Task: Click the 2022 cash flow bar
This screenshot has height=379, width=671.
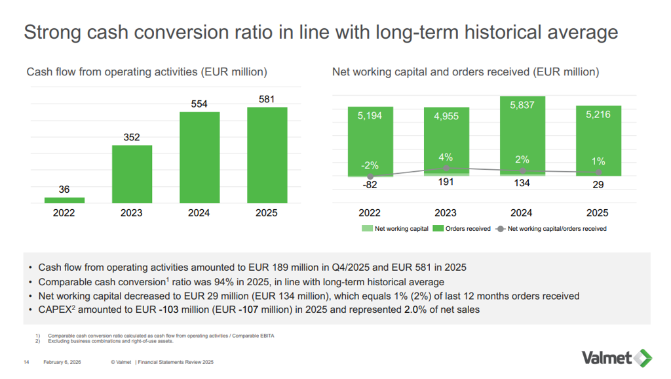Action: point(64,200)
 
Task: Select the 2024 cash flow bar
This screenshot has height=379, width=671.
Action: point(200,157)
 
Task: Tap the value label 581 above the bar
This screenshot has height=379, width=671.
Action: point(267,100)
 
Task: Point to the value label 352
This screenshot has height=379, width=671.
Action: point(132,138)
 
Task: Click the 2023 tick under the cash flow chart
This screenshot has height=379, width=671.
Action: point(132,213)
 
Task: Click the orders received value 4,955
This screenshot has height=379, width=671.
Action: point(446,116)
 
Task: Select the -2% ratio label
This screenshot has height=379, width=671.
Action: point(370,165)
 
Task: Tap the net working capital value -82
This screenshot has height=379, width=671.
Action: point(370,185)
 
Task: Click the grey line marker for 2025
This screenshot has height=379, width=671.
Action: point(598,172)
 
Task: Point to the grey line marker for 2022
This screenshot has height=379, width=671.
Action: point(370,177)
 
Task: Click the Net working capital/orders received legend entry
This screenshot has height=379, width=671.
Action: point(552,229)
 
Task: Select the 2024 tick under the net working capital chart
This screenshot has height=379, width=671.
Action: point(522,213)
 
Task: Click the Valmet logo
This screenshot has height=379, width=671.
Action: point(616,357)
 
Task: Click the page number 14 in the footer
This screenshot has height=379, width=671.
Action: point(26,362)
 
